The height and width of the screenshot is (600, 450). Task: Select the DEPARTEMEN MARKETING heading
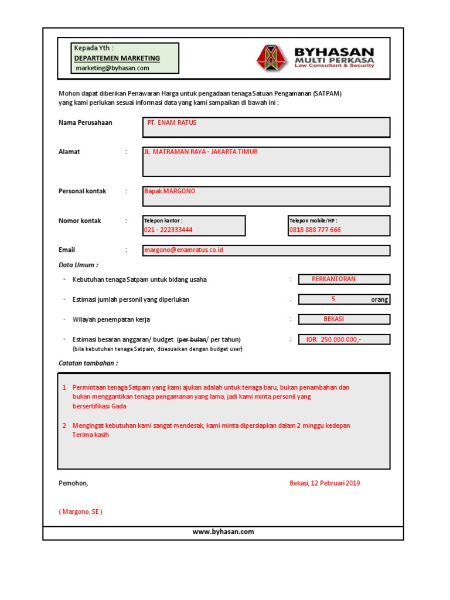117,58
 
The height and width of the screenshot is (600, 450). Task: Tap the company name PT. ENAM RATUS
172,122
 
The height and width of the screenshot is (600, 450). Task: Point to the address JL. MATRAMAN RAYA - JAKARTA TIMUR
201,152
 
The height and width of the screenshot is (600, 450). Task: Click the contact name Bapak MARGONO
170,192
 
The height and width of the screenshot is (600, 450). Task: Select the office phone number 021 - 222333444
168,230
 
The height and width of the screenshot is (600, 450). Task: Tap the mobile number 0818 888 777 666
315,230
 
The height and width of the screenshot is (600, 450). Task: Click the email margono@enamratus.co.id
183,250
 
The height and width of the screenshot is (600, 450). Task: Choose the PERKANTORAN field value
333,279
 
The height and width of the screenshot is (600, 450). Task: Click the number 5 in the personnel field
333,299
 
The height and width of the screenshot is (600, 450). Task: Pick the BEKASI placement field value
333,319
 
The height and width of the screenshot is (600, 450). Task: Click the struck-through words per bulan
192,340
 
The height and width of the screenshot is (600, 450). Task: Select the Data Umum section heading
79,265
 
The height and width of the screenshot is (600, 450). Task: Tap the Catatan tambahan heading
88,363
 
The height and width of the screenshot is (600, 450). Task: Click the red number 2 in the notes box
64,425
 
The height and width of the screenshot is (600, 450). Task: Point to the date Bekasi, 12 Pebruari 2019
325,483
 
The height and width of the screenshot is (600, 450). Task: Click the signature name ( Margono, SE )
81,512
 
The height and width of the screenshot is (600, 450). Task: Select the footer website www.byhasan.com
223,532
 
